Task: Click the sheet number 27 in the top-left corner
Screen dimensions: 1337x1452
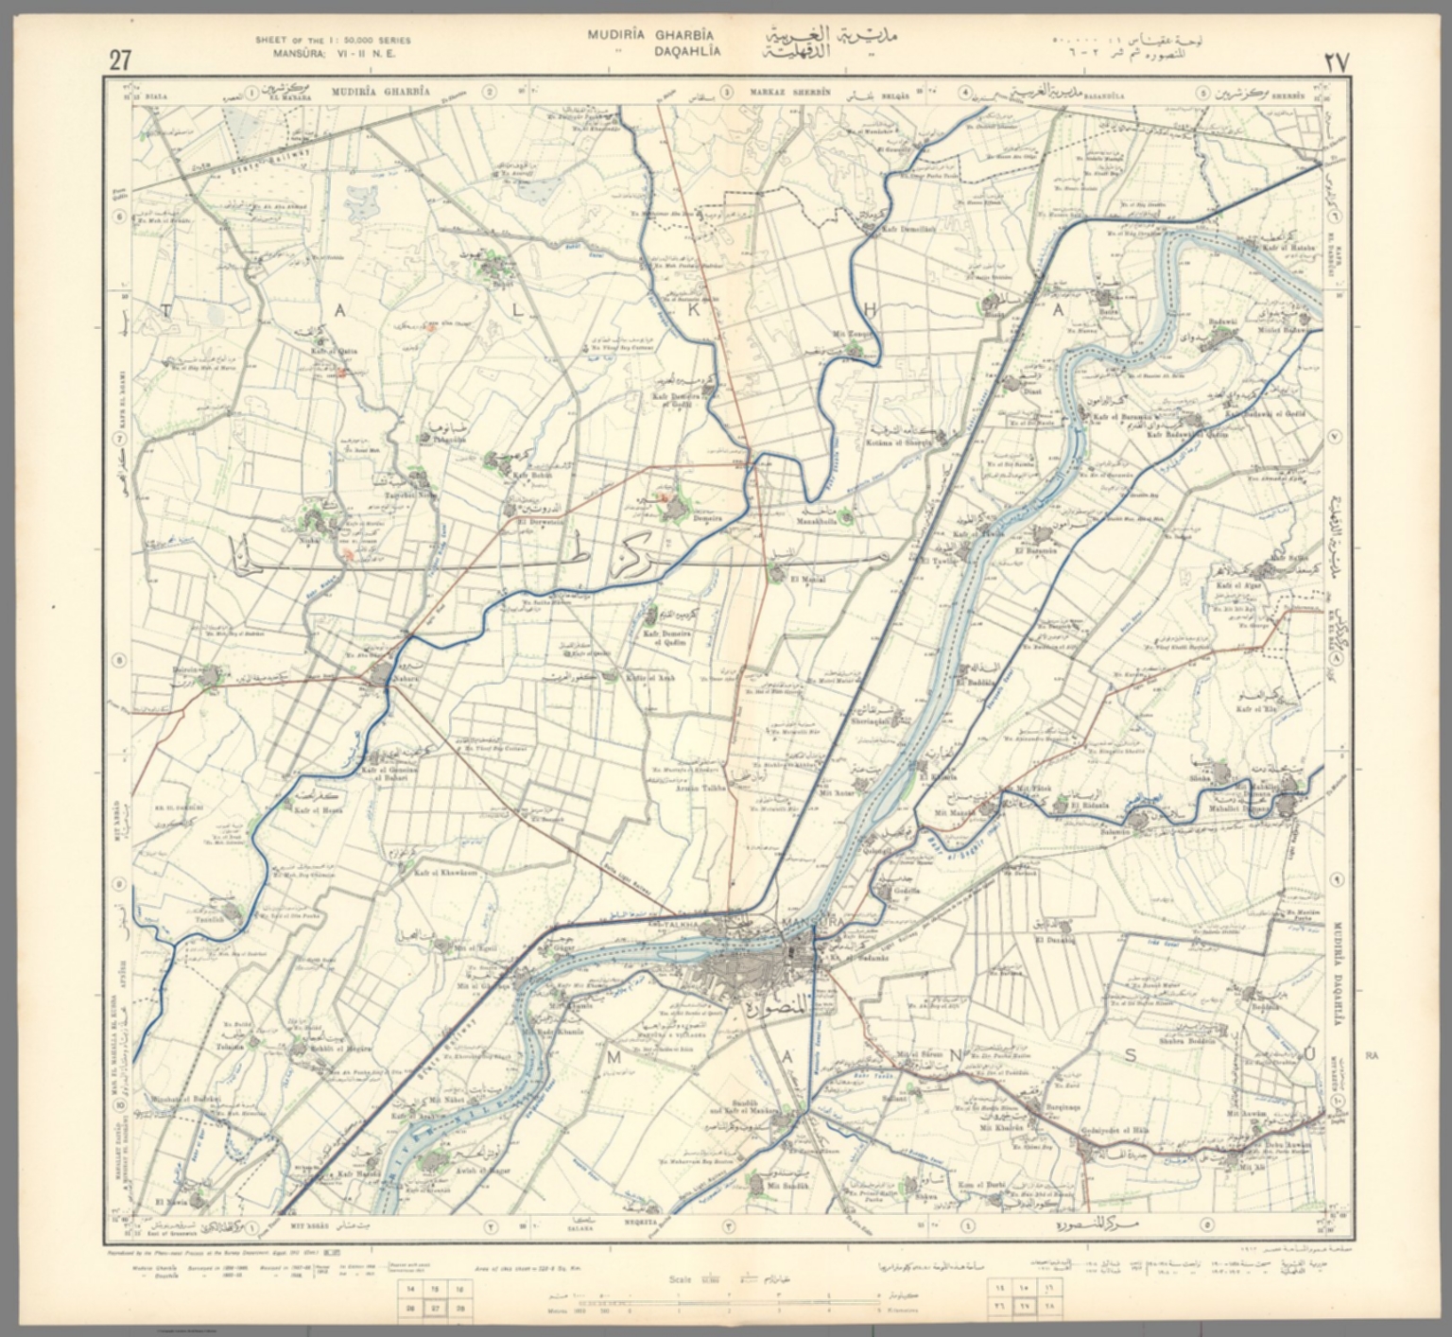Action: [x=120, y=61]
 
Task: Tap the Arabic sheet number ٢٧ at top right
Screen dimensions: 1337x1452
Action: [x=1336, y=62]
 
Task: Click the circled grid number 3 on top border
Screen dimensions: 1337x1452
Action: [x=726, y=93]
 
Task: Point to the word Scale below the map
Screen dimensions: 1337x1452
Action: [x=681, y=1279]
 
